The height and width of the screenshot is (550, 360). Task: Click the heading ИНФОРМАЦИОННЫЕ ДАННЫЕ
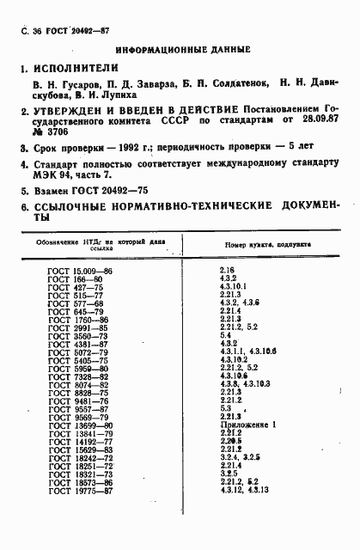point(182,50)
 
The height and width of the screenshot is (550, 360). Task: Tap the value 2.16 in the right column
point(229,272)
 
